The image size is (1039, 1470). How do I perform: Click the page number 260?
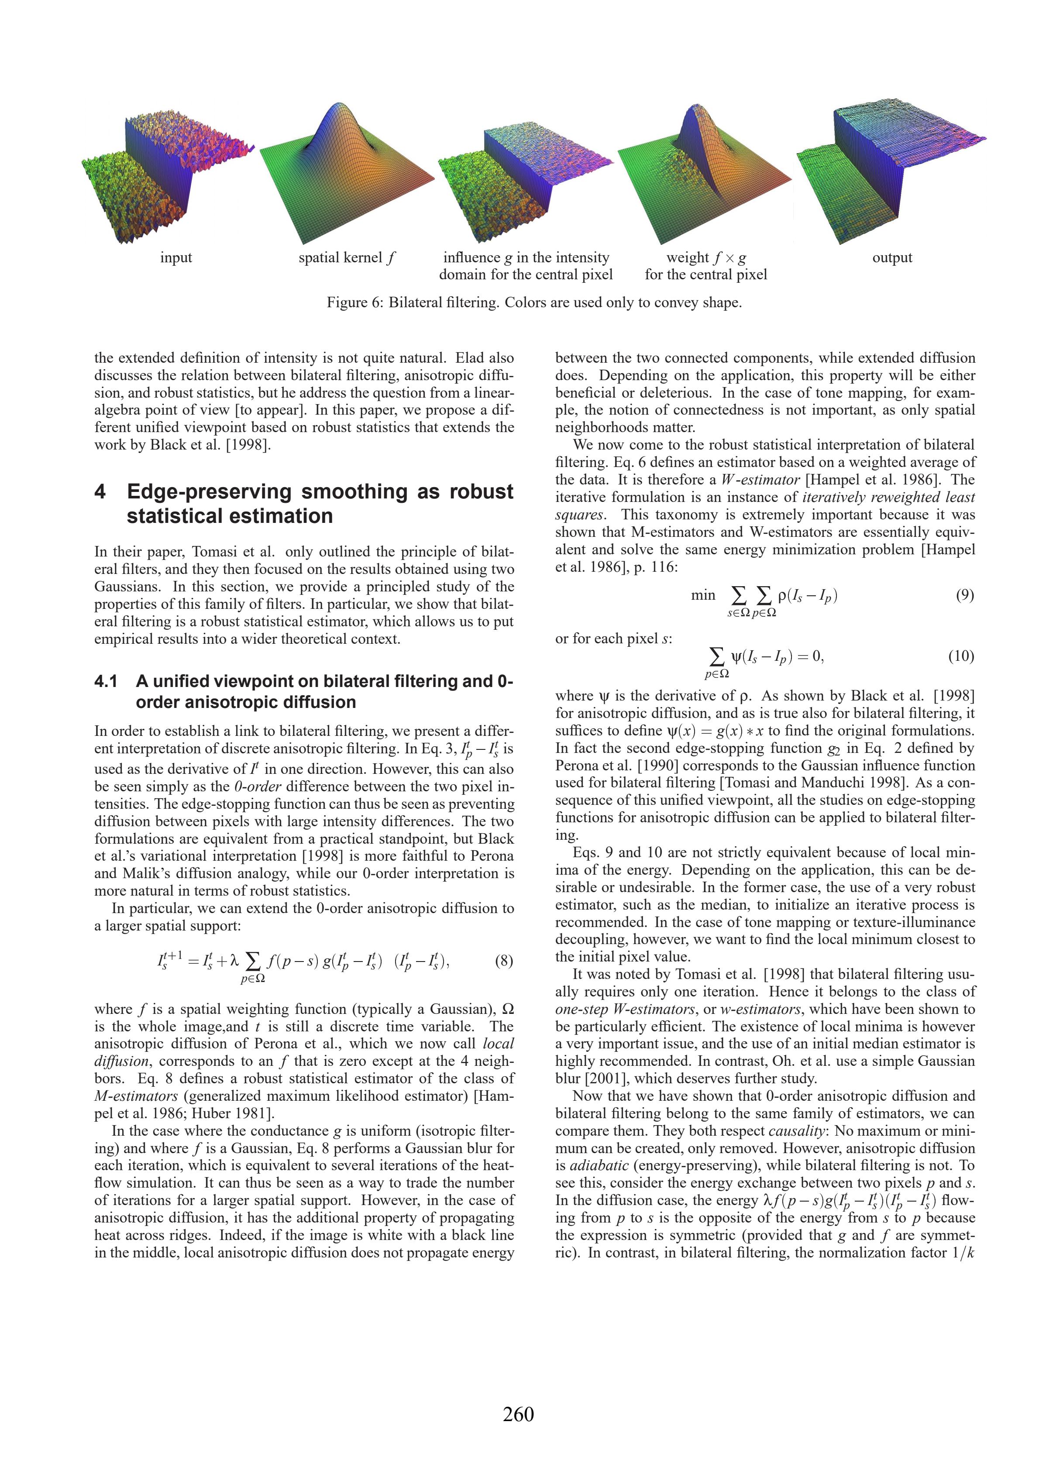point(518,1414)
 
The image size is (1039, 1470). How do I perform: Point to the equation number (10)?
point(961,656)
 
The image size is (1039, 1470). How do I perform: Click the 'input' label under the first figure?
point(176,258)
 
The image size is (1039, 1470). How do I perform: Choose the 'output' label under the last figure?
point(892,258)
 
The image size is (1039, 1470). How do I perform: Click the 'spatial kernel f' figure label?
point(347,258)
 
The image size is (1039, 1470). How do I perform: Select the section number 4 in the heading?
point(100,492)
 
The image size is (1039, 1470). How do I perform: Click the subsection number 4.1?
point(107,681)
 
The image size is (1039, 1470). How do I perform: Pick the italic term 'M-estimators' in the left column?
point(136,1096)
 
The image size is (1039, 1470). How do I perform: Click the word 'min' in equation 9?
point(703,595)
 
